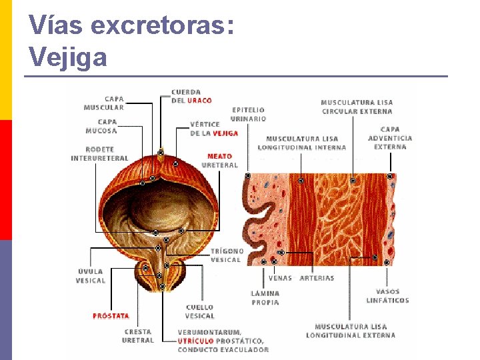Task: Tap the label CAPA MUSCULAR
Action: [x=103, y=103]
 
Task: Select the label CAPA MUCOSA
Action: [x=107, y=126]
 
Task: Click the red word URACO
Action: [x=199, y=101]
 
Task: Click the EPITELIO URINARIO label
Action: [x=248, y=114]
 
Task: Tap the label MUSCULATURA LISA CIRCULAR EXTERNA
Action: [x=357, y=107]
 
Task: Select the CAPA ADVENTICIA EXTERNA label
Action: [x=390, y=138]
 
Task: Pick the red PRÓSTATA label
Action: [x=111, y=316]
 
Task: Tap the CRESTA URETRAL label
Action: [x=138, y=335]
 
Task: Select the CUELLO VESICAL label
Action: [x=200, y=311]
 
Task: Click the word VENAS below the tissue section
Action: [x=280, y=278]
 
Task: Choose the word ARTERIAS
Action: [x=317, y=278]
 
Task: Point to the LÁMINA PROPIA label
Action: [x=265, y=297]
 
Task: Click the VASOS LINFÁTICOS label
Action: [x=387, y=295]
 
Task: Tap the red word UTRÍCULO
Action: [x=196, y=341]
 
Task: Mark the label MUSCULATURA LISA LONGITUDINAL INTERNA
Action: [x=302, y=143]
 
